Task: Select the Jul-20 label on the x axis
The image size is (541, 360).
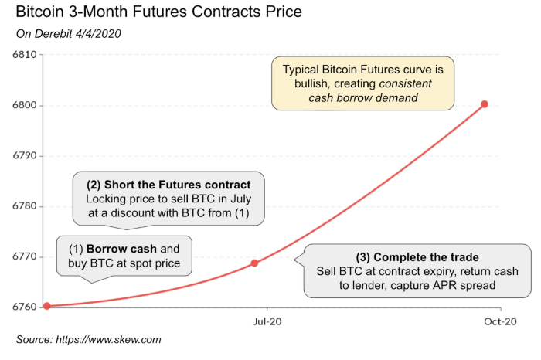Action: point(266,321)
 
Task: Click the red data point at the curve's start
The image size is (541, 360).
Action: point(47,306)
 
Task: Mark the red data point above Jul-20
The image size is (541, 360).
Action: point(255,263)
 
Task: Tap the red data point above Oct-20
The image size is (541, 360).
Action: point(485,104)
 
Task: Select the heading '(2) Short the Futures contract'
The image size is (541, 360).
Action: point(168,185)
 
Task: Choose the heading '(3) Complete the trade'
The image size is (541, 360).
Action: point(417,257)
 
